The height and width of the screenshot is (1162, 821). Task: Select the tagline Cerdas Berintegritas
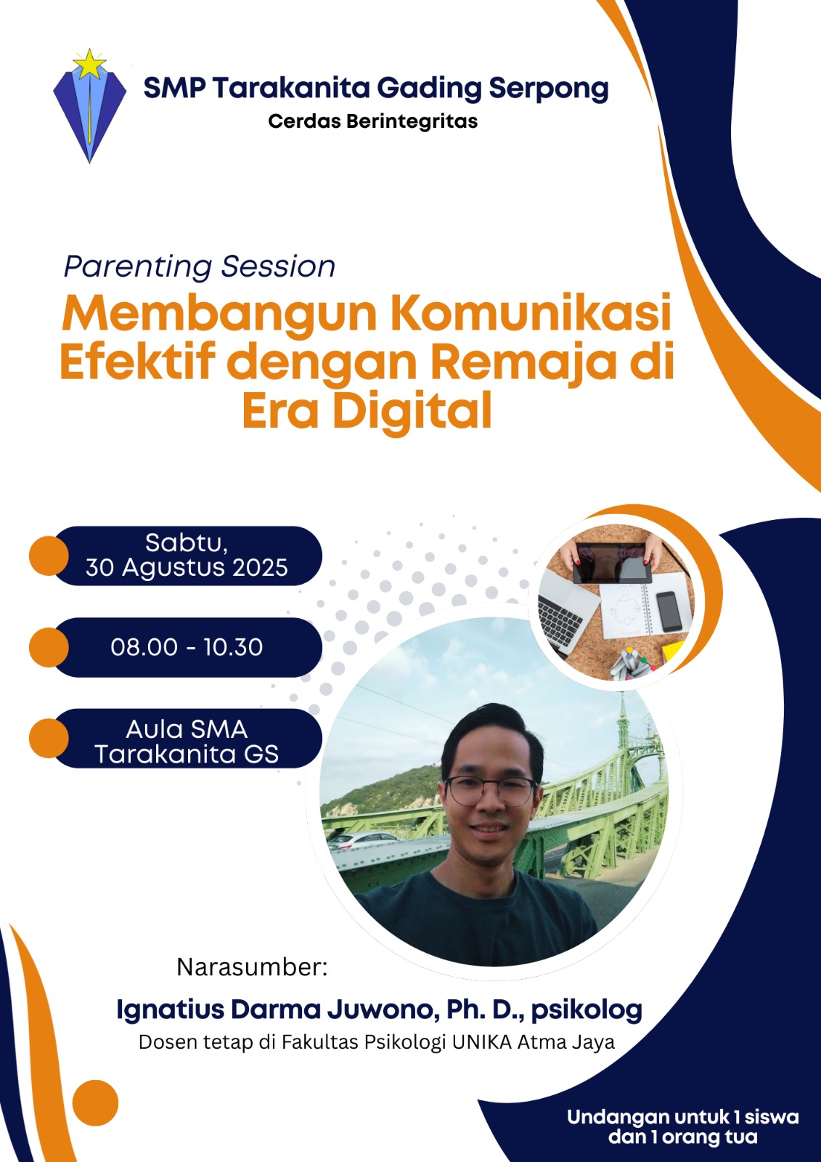point(373,121)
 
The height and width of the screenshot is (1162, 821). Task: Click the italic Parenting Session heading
point(200,267)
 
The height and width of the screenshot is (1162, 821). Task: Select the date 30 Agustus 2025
point(187,567)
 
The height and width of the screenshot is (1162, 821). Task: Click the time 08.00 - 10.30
point(187,647)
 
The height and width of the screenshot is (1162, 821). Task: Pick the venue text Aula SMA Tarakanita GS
point(187,742)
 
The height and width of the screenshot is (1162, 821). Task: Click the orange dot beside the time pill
point(49,647)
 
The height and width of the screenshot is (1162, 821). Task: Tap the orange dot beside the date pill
point(49,556)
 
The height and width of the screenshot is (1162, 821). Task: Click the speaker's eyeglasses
point(490,790)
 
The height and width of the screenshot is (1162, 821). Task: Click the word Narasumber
point(252,967)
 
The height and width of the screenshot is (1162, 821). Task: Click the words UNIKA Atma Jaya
point(534,1042)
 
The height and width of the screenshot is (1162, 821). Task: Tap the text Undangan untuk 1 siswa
point(683,1117)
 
